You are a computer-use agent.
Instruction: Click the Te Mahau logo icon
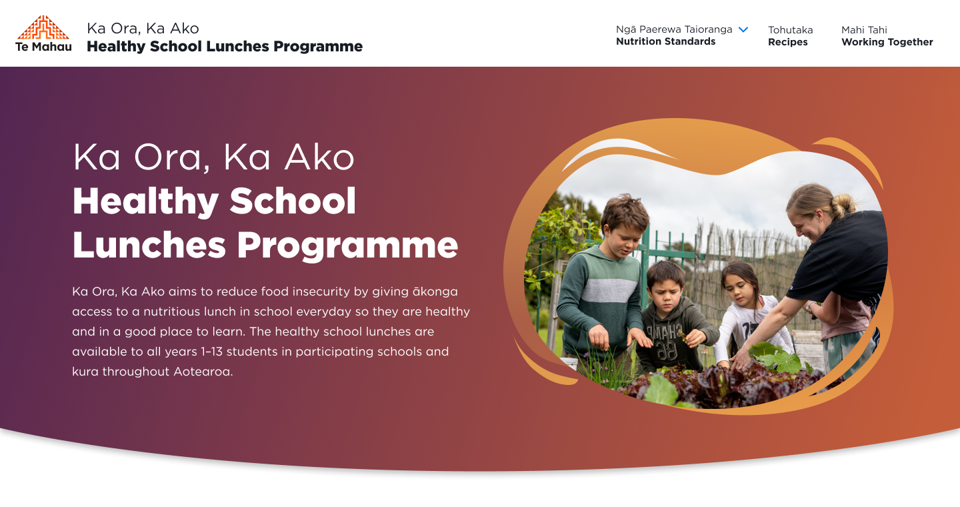(x=43, y=27)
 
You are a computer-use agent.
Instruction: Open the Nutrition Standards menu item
(x=665, y=41)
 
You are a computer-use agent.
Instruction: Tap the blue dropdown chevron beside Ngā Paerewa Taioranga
(x=743, y=29)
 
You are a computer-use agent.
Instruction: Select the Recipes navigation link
(x=787, y=42)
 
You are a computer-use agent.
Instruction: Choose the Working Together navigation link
(x=887, y=42)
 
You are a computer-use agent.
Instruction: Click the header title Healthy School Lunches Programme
(x=225, y=47)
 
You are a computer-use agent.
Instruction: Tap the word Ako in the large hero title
(x=318, y=157)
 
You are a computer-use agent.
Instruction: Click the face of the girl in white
(x=739, y=284)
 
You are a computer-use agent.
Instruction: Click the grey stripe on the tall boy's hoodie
(x=600, y=293)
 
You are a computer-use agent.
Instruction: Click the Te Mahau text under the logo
(x=43, y=47)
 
